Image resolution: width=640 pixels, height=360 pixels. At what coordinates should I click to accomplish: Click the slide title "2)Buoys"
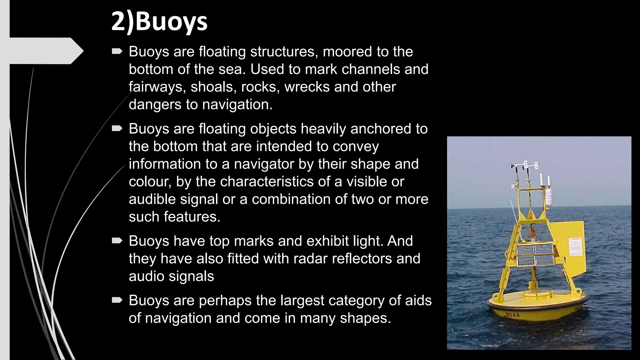[159, 22]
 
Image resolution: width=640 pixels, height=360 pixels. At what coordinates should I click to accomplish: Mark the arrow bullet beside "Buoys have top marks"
[117, 241]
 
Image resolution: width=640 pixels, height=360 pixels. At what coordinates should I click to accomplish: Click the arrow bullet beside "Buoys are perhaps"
[117, 300]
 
